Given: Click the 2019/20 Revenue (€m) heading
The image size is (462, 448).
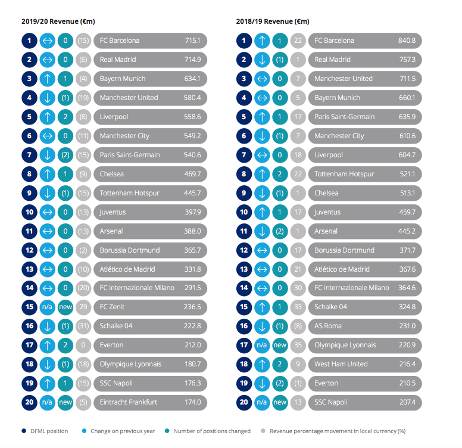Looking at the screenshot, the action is [58, 21].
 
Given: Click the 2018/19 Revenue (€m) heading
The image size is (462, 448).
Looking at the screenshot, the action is [273, 21].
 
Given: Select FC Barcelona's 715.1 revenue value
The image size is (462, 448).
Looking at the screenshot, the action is [193, 41].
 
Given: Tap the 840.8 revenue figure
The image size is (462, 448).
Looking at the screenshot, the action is [407, 41].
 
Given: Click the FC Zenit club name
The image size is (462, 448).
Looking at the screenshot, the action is [112, 307].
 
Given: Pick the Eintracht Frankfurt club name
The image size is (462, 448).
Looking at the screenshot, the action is [129, 402].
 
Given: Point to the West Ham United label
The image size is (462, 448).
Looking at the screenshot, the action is [341, 364].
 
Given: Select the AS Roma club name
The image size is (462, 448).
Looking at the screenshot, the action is [328, 326].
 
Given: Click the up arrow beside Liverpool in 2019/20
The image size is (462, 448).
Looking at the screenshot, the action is [48, 117].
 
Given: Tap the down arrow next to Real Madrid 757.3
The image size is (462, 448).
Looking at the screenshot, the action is [262, 60].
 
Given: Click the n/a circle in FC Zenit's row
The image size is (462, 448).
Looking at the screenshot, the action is [48, 307].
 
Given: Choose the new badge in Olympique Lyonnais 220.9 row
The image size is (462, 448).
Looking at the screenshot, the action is [280, 345].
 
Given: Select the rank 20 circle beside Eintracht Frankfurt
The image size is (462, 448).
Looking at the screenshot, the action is [29, 402].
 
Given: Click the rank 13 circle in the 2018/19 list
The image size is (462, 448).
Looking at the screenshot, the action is [244, 269].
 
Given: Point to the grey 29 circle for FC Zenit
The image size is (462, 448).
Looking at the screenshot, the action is [83, 307].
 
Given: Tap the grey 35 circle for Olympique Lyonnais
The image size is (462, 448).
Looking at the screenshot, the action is [298, 345].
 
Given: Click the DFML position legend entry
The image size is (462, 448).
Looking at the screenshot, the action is [45, 431].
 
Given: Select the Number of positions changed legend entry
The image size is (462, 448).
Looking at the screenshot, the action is [208, 431].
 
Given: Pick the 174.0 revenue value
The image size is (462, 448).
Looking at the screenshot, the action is [193, 402].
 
